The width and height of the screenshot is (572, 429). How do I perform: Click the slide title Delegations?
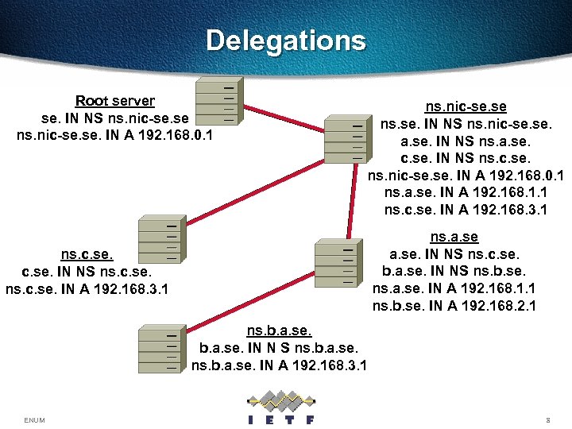286,41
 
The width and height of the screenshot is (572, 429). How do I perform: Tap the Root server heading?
114,101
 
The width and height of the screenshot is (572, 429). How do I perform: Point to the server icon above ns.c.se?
158,238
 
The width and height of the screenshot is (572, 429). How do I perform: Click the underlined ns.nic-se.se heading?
466,106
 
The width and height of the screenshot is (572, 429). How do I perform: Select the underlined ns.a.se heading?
454,237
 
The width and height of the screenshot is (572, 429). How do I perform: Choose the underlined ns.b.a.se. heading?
279,330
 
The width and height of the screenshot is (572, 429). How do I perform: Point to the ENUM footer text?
35,419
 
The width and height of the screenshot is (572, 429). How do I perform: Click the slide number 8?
548,419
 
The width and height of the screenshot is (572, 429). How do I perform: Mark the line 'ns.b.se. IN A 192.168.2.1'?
454,305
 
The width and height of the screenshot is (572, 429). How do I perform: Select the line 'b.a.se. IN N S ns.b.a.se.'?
279,348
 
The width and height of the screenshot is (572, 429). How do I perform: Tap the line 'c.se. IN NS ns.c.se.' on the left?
87,272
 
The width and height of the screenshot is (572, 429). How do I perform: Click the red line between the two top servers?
281,118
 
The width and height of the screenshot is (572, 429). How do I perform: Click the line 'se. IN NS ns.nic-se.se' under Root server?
114,118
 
